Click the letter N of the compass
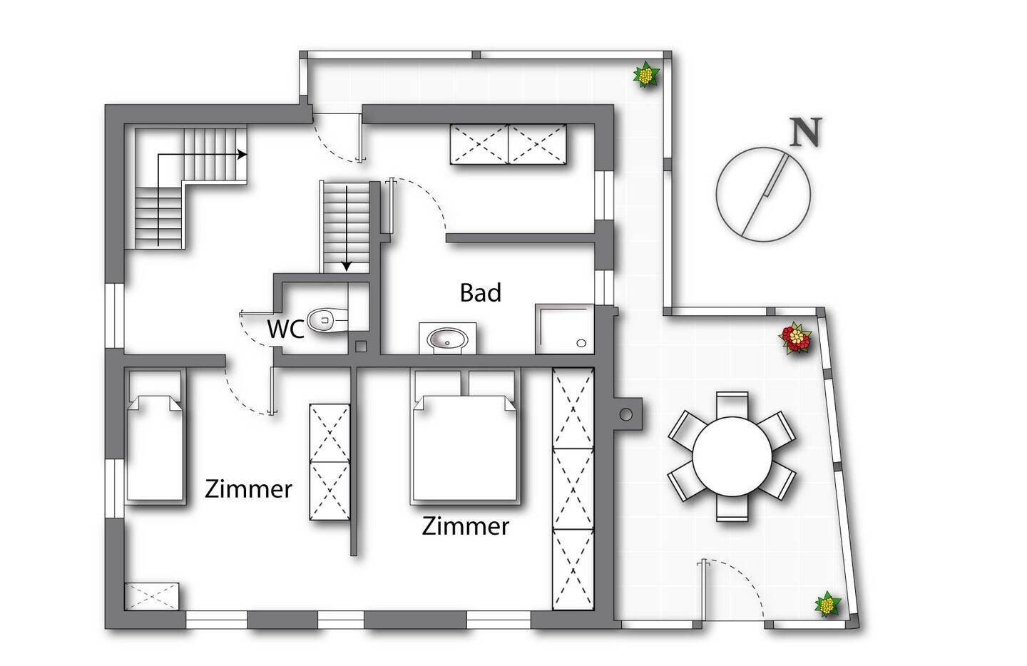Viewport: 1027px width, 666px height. [806, 133]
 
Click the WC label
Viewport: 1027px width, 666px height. [285, 329]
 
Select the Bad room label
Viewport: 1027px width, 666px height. [480, 292]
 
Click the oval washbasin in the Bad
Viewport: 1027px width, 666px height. [447, 339]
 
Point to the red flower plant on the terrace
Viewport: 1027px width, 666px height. [795, 338]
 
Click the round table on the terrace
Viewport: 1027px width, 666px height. [732, 456]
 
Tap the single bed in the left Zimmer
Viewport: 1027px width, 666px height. [155, 436]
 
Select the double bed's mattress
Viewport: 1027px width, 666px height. [466, 449]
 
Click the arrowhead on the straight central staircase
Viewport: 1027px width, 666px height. [347, 266]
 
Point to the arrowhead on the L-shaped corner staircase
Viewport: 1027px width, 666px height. [242, 155]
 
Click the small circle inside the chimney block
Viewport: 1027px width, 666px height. [625, 414]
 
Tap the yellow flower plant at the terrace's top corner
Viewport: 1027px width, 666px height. [646, 75]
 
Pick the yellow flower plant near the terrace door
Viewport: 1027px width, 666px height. [827, 604]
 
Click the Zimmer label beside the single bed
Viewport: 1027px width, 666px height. [248, 489]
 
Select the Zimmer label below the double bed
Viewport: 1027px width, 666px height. [465, 526]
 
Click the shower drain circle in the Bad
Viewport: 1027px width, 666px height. [581, 343]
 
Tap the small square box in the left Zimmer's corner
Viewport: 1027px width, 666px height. [151, 596]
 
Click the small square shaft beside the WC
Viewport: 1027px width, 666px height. [361, 347]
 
